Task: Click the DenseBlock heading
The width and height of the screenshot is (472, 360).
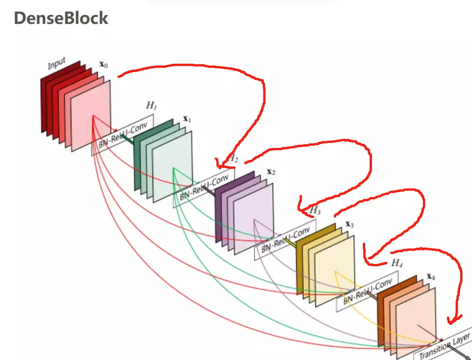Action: click(61, 18)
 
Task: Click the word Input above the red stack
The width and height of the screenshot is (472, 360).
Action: click(57, 63)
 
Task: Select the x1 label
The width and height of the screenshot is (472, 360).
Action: click(187, 118)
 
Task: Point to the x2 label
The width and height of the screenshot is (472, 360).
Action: click(271, 172)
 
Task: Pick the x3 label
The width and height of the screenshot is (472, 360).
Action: click(349, 224)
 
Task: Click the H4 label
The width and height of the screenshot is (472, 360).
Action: click(397, 263)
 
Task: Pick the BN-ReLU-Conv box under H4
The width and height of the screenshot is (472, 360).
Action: click(367, 292)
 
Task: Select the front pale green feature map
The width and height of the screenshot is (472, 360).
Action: click(173, 168)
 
